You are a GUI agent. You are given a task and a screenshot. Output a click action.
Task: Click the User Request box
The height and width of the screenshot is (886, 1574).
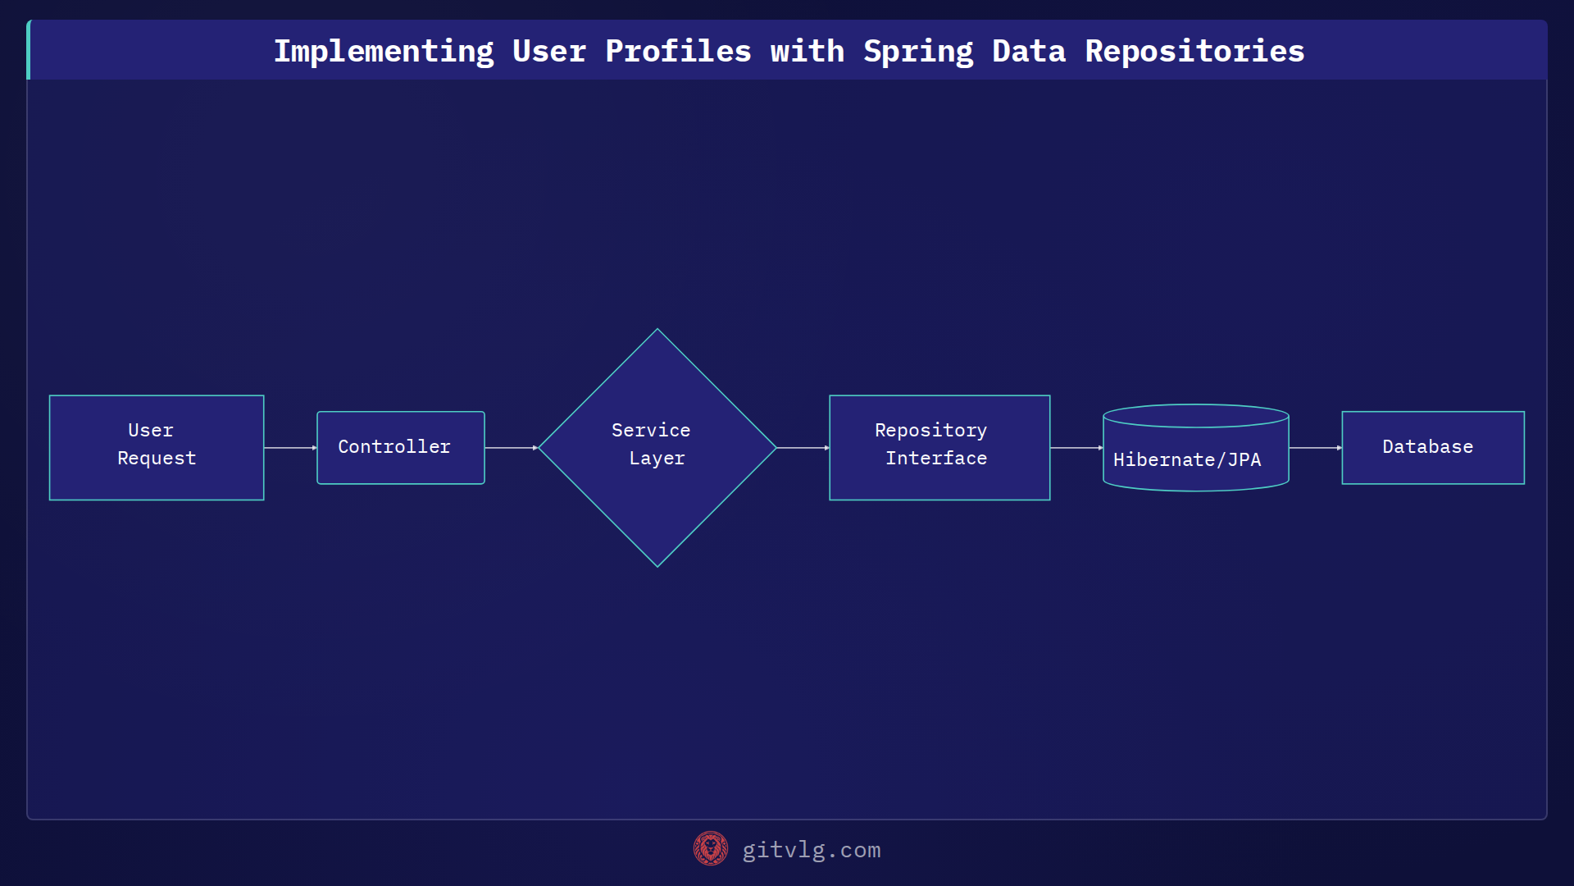[156, 447]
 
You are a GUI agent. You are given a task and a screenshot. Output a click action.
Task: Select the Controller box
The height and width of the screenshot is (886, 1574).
[400, 447]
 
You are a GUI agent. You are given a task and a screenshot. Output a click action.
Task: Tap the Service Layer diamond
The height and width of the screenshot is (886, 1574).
[657, 447]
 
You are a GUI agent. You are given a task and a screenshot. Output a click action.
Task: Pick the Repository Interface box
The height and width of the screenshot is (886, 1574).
[939, 447]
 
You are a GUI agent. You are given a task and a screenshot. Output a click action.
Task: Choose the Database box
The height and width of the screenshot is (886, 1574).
[1432, 447]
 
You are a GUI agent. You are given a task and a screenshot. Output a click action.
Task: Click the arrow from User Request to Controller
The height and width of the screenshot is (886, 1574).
[290, 448]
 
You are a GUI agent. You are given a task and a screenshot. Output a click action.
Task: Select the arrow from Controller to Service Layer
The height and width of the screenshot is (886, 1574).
[511, 448]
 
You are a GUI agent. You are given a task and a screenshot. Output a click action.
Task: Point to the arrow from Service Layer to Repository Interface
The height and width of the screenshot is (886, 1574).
[803, 448]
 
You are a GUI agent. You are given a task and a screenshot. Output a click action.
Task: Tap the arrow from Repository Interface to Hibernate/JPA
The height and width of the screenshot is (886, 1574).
[1076, 448]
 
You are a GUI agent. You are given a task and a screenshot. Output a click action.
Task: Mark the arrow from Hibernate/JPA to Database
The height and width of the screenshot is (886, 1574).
[1315, 448]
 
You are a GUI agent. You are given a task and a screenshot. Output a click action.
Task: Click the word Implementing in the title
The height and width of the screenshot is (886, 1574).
[384, 52]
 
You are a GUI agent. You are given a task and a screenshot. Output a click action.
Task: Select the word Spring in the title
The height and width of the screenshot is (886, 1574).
[918, 52]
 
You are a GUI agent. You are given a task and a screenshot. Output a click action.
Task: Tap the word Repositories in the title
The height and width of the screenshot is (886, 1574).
[1194, 52]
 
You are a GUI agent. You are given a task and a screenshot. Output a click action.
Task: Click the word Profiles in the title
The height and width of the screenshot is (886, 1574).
[678, 52]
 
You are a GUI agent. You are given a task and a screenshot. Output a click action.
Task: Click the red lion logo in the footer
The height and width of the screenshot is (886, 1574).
[710, 849]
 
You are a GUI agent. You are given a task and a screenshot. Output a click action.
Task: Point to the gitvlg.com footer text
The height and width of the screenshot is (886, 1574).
[811, 850]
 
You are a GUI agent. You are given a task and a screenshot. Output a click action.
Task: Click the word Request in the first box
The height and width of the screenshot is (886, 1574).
[157, 459]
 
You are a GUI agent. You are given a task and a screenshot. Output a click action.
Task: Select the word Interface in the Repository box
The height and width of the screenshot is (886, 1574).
[936, 459]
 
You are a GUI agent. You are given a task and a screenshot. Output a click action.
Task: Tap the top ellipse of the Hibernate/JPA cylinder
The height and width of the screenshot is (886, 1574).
[1195, 416]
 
